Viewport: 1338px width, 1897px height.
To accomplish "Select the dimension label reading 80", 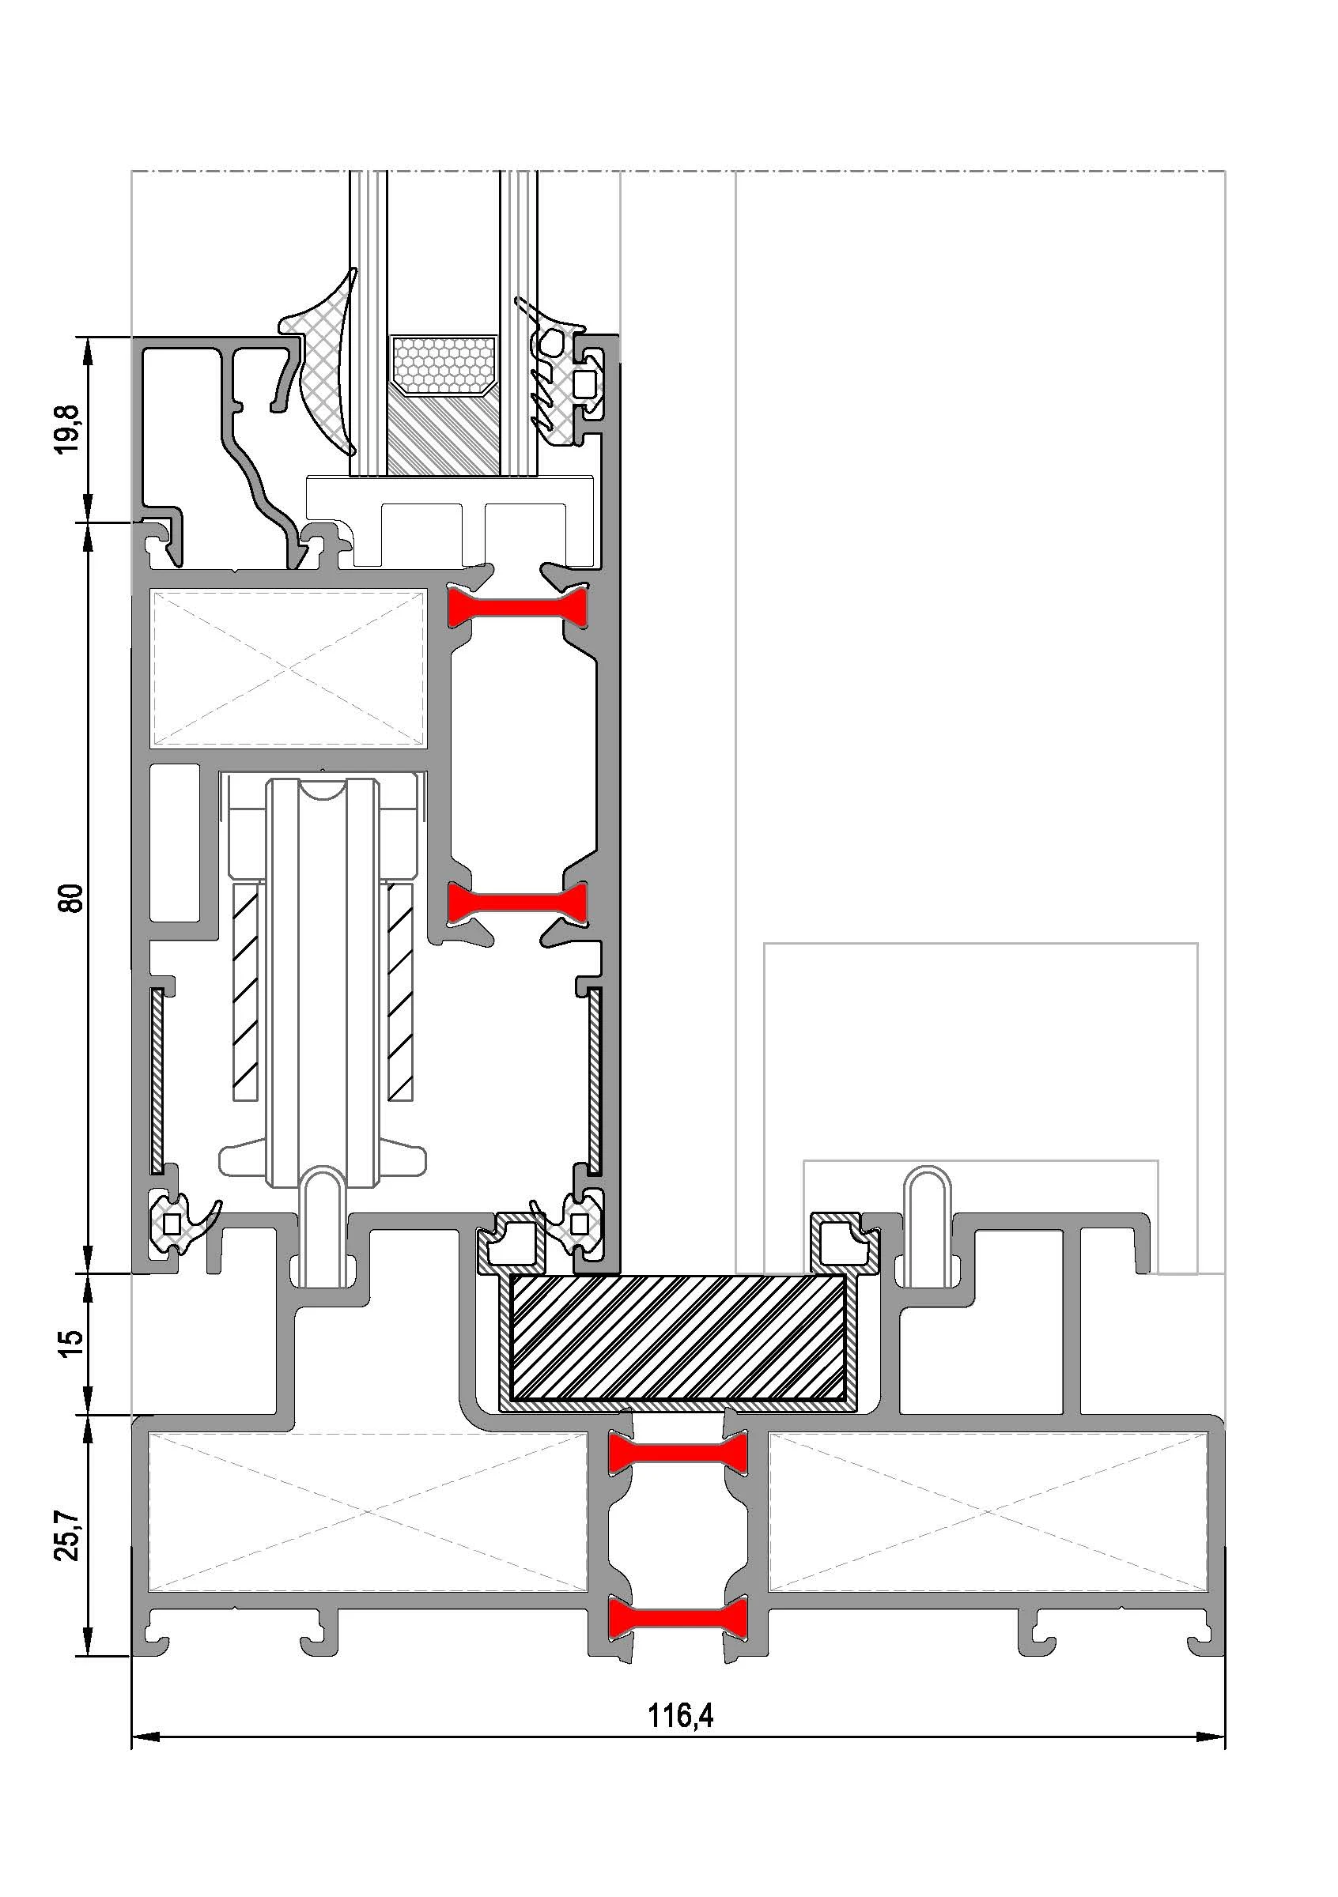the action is pyautogui.click(x=73, y=897).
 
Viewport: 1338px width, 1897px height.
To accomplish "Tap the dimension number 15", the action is pyautogui.click(x=73, y=1339).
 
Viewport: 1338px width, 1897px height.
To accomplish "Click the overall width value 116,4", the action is pyautogui.click(x=680, y=1716).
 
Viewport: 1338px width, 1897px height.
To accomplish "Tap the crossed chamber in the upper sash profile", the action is pyautogui.click(x=287, y=668).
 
